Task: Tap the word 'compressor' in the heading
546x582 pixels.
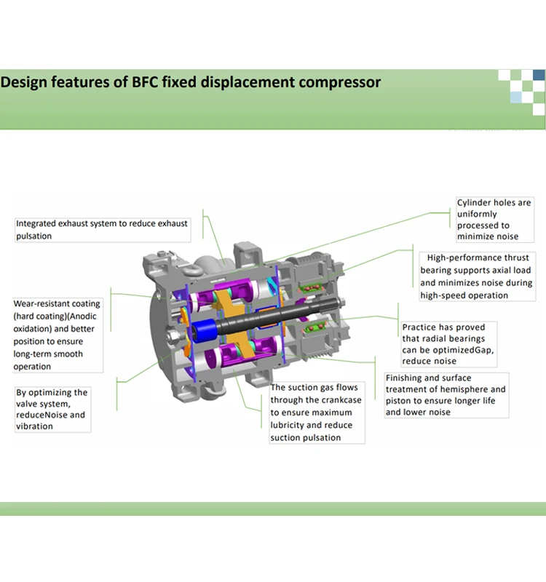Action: pyautogui.click(x=338, y=82)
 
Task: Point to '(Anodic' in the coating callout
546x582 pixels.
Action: pyautogui.click(x=81, y=316)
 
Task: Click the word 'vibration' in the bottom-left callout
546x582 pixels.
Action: pyautogui.click(x=34, y=426)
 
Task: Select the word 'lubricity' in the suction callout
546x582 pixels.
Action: pyautogui.click(x=289, y=425)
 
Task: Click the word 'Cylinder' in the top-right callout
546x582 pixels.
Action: pyautogui.click(x=474, y=202)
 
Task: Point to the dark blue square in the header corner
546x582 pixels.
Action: pyautogui.click(x=539, y=74)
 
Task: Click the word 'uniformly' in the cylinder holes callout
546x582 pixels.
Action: pyautogui.click(x=477, y=214)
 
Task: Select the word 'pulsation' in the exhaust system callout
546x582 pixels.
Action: pyautogui.click(x=34, y=236)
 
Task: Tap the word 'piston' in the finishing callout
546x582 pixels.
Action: pyautogui.click(x=399, y=401)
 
